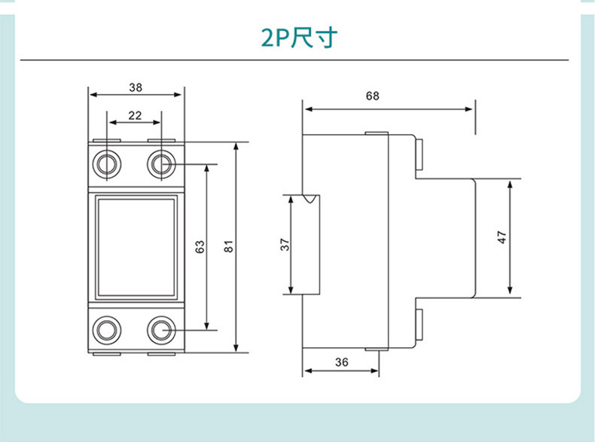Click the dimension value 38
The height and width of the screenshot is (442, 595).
(136, 87)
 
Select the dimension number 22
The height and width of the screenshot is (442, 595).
(135, 114)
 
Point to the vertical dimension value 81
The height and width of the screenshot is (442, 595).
(229, 247)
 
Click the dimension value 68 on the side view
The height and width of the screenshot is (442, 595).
(372, 96)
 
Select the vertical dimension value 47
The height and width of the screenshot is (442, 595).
(502, 236)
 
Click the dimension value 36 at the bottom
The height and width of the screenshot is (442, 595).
(341, 362)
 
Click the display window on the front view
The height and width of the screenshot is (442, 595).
(135, 246)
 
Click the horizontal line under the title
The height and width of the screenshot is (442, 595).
(294, 59)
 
